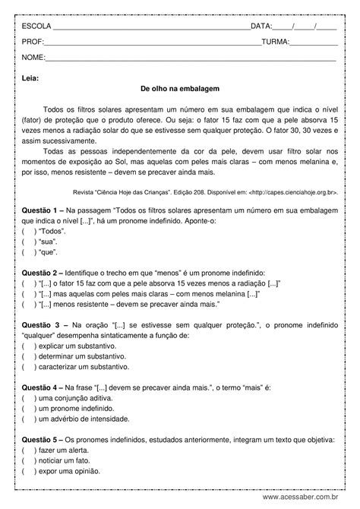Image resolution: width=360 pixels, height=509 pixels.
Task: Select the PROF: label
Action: (x=33, y=42)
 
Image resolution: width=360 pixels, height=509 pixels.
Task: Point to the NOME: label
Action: (x=33, y=58)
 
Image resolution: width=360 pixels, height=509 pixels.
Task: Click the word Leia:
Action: (x=30, y=77)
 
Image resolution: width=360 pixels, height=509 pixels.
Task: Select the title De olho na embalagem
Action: (x=179, y=89)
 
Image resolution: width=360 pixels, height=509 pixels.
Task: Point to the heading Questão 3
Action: (x=43, y=324)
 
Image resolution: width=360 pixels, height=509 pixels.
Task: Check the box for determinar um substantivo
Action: (x=28, y=356)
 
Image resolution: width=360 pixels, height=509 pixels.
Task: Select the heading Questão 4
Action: (x=43, y=387)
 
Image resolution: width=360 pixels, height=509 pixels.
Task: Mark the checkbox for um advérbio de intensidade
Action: (x=28, y=419)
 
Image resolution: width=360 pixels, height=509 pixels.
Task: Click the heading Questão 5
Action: (x=43, y=439)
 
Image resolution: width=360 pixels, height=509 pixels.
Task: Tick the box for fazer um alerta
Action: (x=28, y=450)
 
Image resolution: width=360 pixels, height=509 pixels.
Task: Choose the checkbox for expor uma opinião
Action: (x=28, y=471)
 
